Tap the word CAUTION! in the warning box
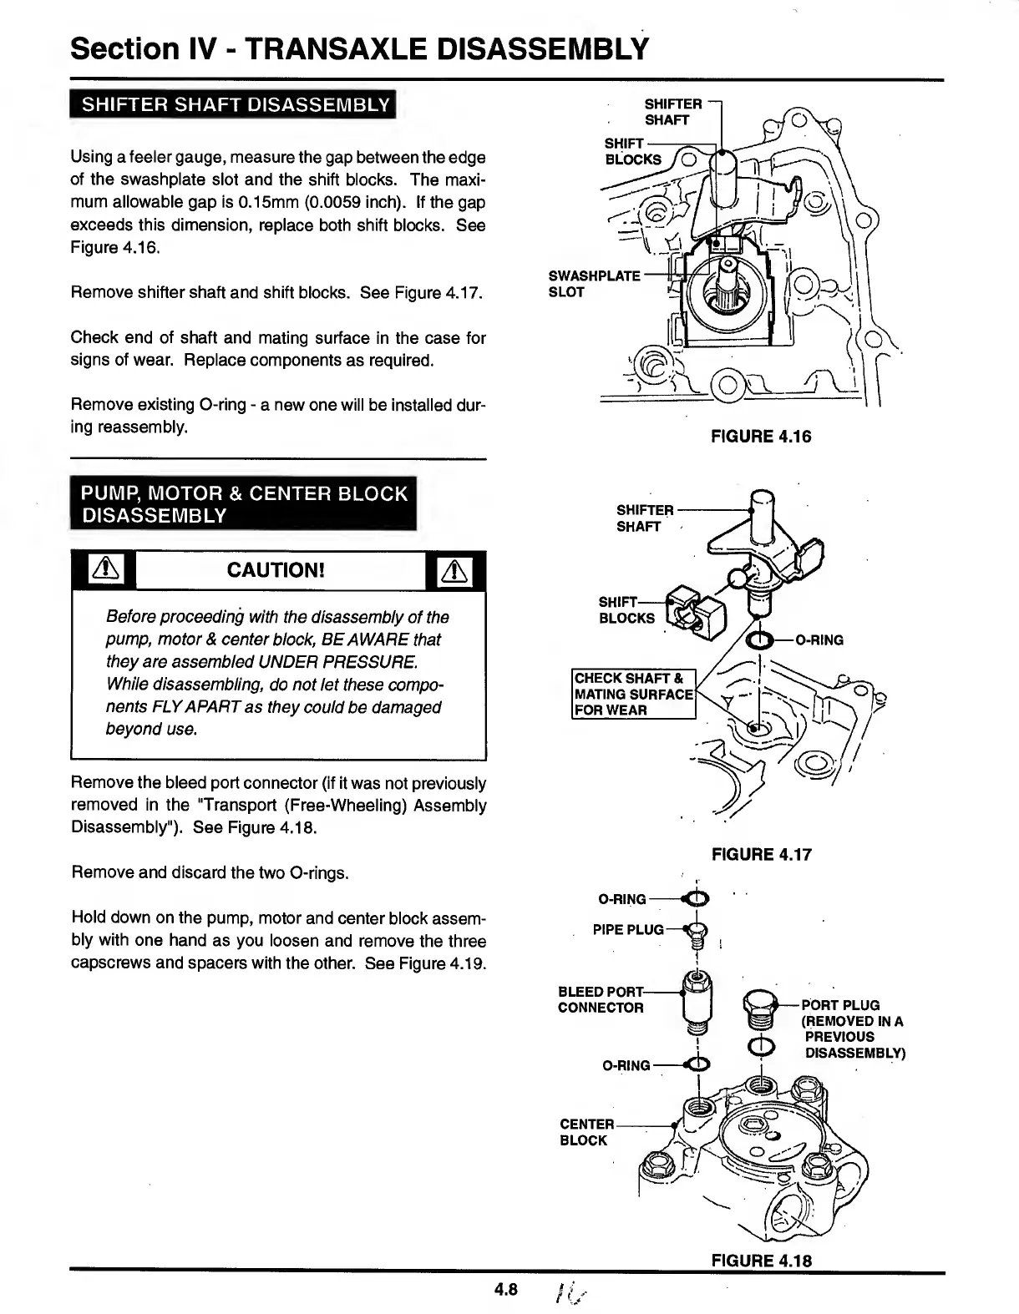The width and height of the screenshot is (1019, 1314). pyautogui.click(x=275, y=571)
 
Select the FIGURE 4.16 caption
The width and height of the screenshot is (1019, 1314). pyautogui.click(x=760, y=437)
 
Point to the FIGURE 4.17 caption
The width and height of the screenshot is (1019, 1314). pyautogui.click(x=760, y=854)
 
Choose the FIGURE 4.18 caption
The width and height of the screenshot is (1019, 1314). pyautogui.click(x=760, y=1261)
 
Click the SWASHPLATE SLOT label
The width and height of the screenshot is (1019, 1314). pyautogui.click(x=593, y=284)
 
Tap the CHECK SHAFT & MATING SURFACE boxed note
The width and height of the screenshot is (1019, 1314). pyautogui.click(x=634, y=694)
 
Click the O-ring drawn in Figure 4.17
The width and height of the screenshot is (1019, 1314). pyautogui.click(x=759, y=640)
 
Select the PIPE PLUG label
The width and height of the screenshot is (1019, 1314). pyautogui.click(x=628, y=929)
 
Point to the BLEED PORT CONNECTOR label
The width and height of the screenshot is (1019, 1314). pyautogui.click(x=601, y=999)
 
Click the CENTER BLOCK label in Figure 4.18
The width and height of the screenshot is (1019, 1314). pyautogui.click(x=586, y=1132)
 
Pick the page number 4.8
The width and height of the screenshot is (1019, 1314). pyautogui.click(x=506, y=1290)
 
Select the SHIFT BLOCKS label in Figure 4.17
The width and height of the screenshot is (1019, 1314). pyautogui.click(x=626, y=610)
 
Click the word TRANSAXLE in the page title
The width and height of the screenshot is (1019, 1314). pyautogui.click(x=329, y=48)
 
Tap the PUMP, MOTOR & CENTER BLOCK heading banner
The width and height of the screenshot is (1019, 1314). pyautogui.click(x=244, y=504)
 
